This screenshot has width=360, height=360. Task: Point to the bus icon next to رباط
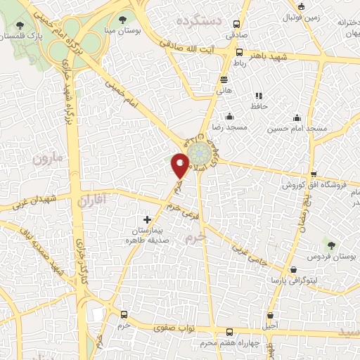pyautogui.click(x=240, y=52)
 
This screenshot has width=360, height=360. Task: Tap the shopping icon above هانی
pyautogui.click(x=224, y=79)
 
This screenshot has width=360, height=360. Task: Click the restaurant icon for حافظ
pyautogui.click(x=259, y=96)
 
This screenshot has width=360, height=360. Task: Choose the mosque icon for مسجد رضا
pyautogui.click(x=229, y=117)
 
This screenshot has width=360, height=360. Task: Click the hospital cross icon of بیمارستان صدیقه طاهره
pyautogui.click(x=146, y=219)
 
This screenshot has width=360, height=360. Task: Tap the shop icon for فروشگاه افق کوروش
pyautogui.click(x=314, y=174)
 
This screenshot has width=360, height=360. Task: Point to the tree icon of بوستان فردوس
pyautogui.click(x=331, y=245)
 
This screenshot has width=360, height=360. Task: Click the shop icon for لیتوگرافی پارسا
pyautogui.click(x=293, y=269)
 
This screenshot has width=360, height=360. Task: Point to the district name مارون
pyautogui.click(x=47, y=157)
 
